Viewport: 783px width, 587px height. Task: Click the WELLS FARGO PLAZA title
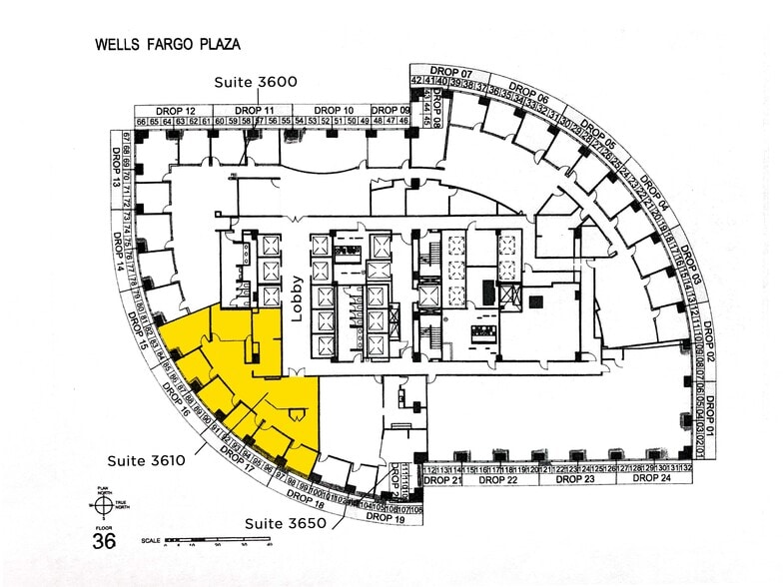168,45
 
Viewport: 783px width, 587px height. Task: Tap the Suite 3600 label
257,82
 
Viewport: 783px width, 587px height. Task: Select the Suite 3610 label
147,460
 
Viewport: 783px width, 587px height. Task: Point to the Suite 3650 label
287,523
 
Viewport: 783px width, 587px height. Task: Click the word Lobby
297,296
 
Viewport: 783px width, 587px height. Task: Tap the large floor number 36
103,541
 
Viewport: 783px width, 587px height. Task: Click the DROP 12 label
175,110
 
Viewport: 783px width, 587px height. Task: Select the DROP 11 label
255,110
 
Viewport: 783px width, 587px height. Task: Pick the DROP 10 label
334,110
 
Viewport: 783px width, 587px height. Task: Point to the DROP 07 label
452,73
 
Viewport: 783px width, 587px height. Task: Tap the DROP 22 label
498,480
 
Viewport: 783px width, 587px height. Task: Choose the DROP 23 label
575,480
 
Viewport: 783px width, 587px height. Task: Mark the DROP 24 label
651,480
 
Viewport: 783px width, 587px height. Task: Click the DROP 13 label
115,172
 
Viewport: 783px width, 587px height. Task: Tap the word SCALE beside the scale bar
150,539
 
